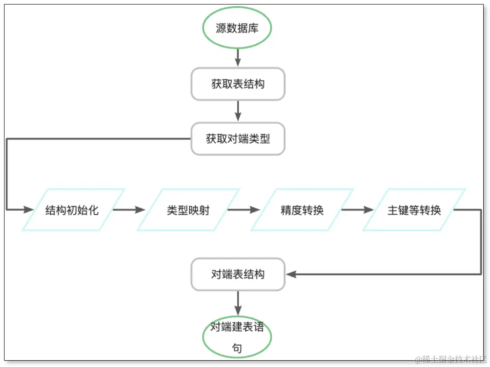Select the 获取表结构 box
[238, 84]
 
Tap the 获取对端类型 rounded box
[238, 139]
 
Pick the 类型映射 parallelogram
[188, 210]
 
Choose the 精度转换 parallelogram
[302, 210]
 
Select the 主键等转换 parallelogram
[414, 210]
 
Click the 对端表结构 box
[238, 274]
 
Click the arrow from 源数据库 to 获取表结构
[238, 58]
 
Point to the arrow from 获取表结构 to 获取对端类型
[238, 111]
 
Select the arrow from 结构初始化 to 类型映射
[129, 210]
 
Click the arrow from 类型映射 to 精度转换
[243, 210]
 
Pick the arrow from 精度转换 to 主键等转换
[357, 210]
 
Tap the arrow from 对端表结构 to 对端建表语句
[238, 303]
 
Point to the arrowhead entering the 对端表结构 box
[291, 274]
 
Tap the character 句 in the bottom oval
[237, 348]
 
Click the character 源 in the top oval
[221, 29]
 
